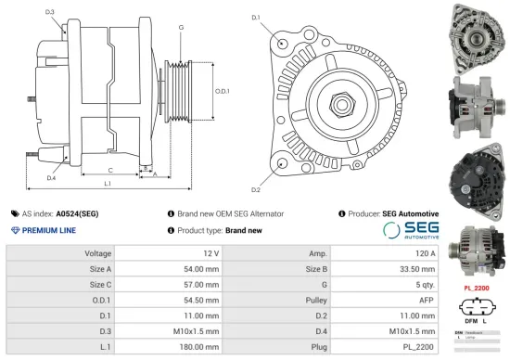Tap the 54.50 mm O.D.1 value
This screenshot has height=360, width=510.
coord(201,301)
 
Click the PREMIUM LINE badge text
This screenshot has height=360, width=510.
coord(48,230)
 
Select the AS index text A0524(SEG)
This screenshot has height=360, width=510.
coord(77,213)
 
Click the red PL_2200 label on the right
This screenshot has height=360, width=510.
coord(477,289)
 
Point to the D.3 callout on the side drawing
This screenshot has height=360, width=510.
coord(49,13)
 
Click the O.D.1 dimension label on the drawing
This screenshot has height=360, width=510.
coord(222,91)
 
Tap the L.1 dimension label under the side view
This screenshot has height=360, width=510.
coord(108,186)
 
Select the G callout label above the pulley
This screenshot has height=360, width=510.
coord(180,29)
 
